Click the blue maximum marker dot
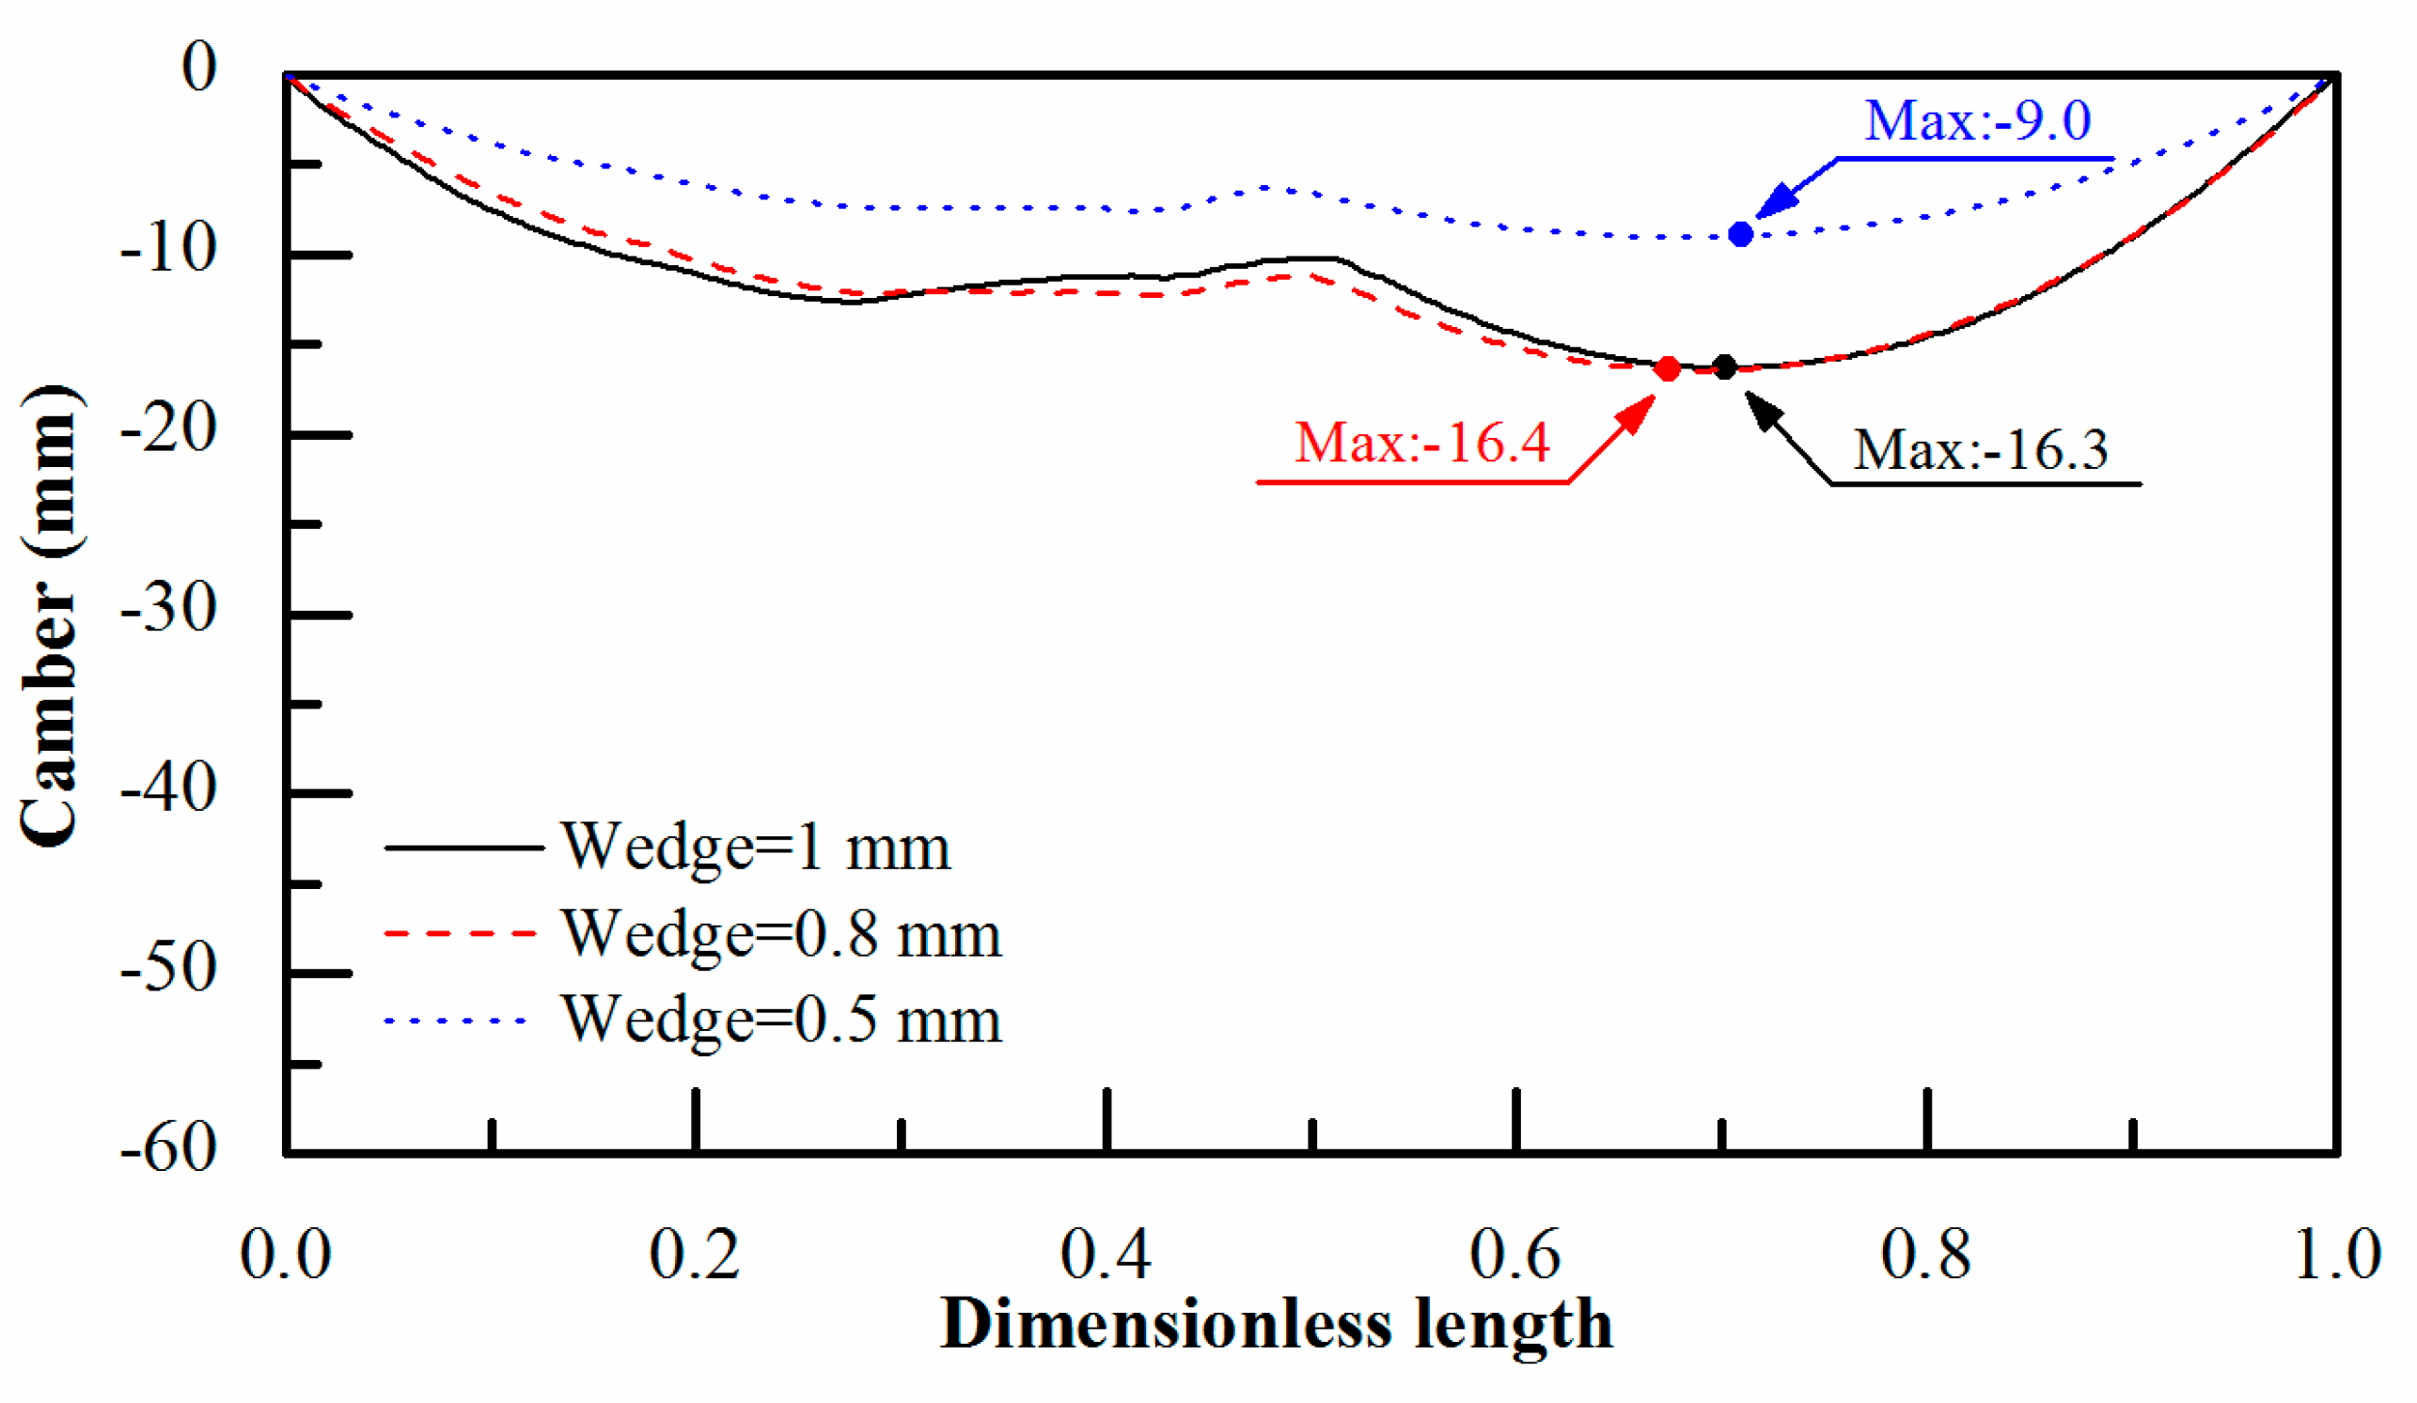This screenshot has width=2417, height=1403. pos(1740,234)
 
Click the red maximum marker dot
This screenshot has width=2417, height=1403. pos(1667,368)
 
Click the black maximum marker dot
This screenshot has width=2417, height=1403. pos(1724,366)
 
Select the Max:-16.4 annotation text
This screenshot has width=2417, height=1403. pos(1421,443)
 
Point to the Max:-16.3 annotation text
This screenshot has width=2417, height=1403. pos(1980,450)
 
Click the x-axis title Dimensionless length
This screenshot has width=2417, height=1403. pos(1276,1325)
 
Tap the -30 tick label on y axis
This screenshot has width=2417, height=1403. pos(169,608)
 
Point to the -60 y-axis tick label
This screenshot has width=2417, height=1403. pos(169,1147)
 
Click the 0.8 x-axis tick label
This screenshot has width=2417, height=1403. pos(1925,1255)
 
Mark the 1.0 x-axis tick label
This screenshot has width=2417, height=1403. pos(2336,1255)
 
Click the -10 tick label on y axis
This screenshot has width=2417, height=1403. pos(169,249)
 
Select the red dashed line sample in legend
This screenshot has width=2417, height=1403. pos(461,933)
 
